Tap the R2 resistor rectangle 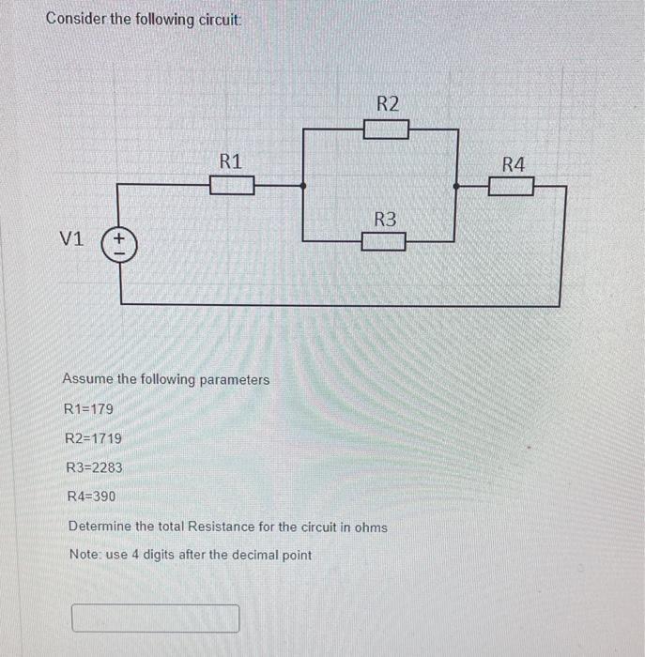pos(386,129)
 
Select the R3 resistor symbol pos(385,242)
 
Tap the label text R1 pos(231,160)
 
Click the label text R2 pos(387,103)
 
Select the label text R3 pos(385,220)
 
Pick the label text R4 pos(514,165)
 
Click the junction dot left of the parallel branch pos(302,186)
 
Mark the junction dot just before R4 pos(456,187)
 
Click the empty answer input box pos(156,619)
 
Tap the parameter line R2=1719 pos(93,438)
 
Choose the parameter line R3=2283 pos(94,467)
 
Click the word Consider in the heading pos(78,19)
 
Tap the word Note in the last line pos(84,555)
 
